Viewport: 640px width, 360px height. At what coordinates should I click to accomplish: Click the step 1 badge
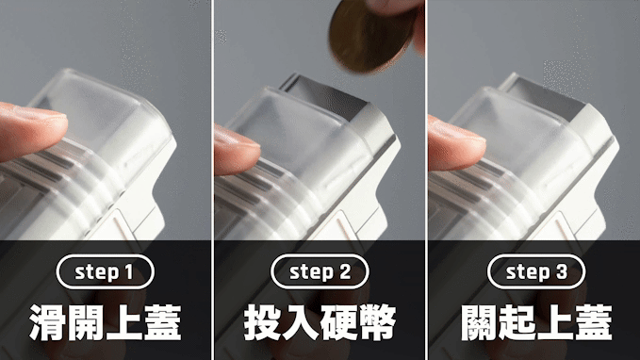106,271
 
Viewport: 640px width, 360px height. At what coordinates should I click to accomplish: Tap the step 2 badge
320,271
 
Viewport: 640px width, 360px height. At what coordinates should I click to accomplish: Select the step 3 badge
536,271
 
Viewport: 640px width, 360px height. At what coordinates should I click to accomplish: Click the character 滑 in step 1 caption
47,322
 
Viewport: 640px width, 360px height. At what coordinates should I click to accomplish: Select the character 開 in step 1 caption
86,322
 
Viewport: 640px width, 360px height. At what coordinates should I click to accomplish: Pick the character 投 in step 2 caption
262,322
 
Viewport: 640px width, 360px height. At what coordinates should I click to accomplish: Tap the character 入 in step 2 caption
301,322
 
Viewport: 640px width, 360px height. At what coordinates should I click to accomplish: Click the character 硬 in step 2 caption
338,322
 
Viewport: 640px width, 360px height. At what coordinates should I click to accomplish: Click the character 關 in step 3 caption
479,322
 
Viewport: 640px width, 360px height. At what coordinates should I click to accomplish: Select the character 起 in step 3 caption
517,322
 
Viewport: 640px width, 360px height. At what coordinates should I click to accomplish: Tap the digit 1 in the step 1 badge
129,271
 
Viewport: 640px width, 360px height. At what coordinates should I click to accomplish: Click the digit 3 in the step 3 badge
562,271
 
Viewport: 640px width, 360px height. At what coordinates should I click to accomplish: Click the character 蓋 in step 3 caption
594,322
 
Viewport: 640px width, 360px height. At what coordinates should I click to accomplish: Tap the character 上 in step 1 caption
124,322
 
